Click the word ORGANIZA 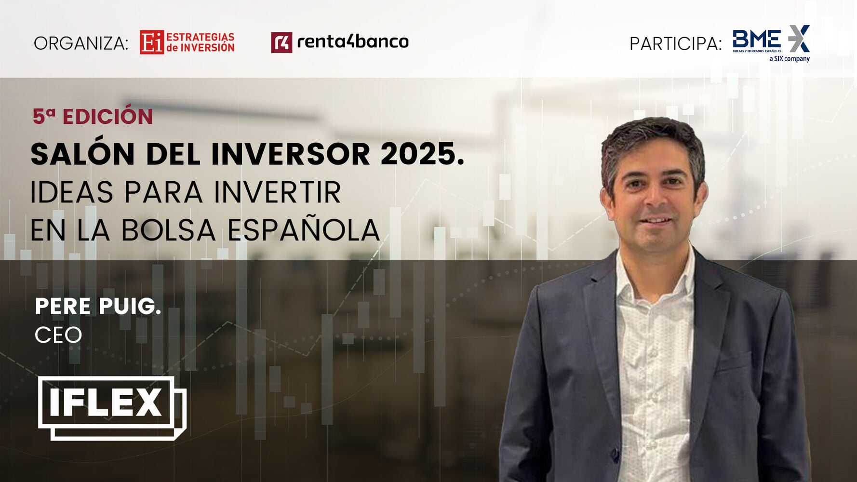coord(81,43)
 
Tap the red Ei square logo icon coord(152,42)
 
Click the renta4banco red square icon coord(281,42)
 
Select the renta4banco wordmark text coord(353,42)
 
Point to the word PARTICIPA coord(676,44)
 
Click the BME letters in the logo coord(757,39)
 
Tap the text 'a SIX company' coord(790,59)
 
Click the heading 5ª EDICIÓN coord(93,117)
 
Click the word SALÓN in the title coord(82,154)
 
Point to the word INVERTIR coord(277,192)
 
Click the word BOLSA coord(168,230)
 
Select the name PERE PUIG coord(98,307)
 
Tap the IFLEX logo coord(112,408)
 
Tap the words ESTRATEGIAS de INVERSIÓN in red coord(201,42)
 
